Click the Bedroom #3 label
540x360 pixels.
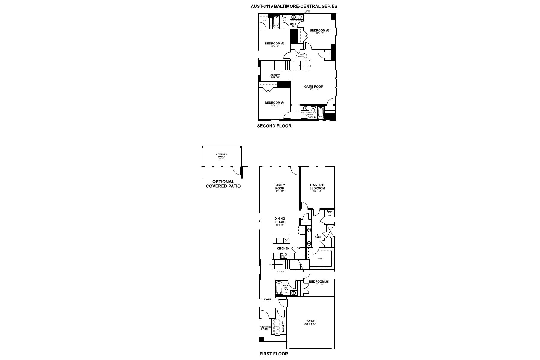[x=319, y=30]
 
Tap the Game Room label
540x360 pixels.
[x=314, y=87]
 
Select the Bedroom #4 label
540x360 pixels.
[x=274, y=103]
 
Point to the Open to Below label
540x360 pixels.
[x=275, y=76]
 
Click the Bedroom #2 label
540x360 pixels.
[x=274, y=43]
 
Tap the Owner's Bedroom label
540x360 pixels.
[x=317, y=187]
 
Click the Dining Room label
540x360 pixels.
[x=280, y=220]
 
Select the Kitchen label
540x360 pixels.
[x=283, y=248]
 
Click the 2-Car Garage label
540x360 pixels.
[x=310, y=322]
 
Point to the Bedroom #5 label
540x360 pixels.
[x=319, y=282]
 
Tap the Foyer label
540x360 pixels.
[x=267, y=299]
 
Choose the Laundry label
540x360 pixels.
[x=283, y=327]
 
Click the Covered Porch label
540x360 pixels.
[x=265, y=328]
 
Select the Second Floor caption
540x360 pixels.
[x=274, y=126]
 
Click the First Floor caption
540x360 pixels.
[x=274, y=354]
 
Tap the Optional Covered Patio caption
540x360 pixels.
[x=223, y=184]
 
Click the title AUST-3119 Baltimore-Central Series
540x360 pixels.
[x=294, y=6]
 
